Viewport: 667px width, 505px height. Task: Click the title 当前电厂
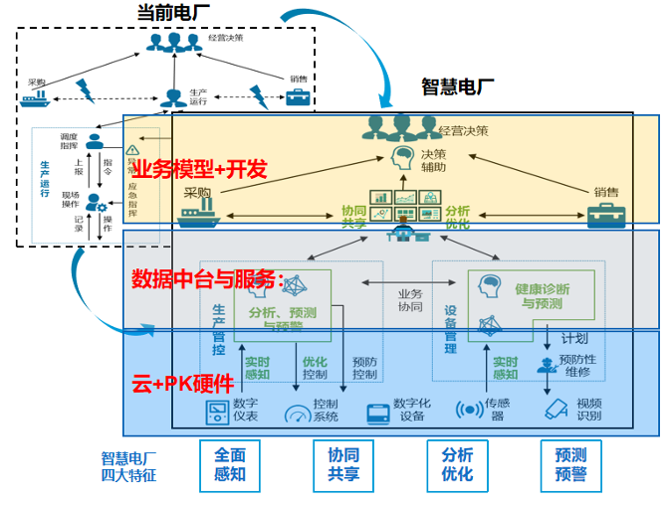(179, 12)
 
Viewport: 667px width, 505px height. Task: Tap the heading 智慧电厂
(458, 86)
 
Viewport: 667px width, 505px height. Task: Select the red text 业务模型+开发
(199, 169)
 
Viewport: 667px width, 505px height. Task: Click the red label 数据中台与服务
(208, 277)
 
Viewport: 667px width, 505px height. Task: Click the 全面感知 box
(230, 463)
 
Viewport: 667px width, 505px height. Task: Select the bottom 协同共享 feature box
(343, 463)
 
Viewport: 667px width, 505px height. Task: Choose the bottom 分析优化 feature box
(457, 463)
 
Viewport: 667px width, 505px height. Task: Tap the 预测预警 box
(570, 463)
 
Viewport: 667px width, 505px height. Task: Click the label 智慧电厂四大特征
(128, 466)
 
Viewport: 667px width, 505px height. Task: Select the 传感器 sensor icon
(469, 410)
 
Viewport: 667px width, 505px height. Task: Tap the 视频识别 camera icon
(556, 410)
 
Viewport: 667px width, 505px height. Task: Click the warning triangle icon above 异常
(132, 151)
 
